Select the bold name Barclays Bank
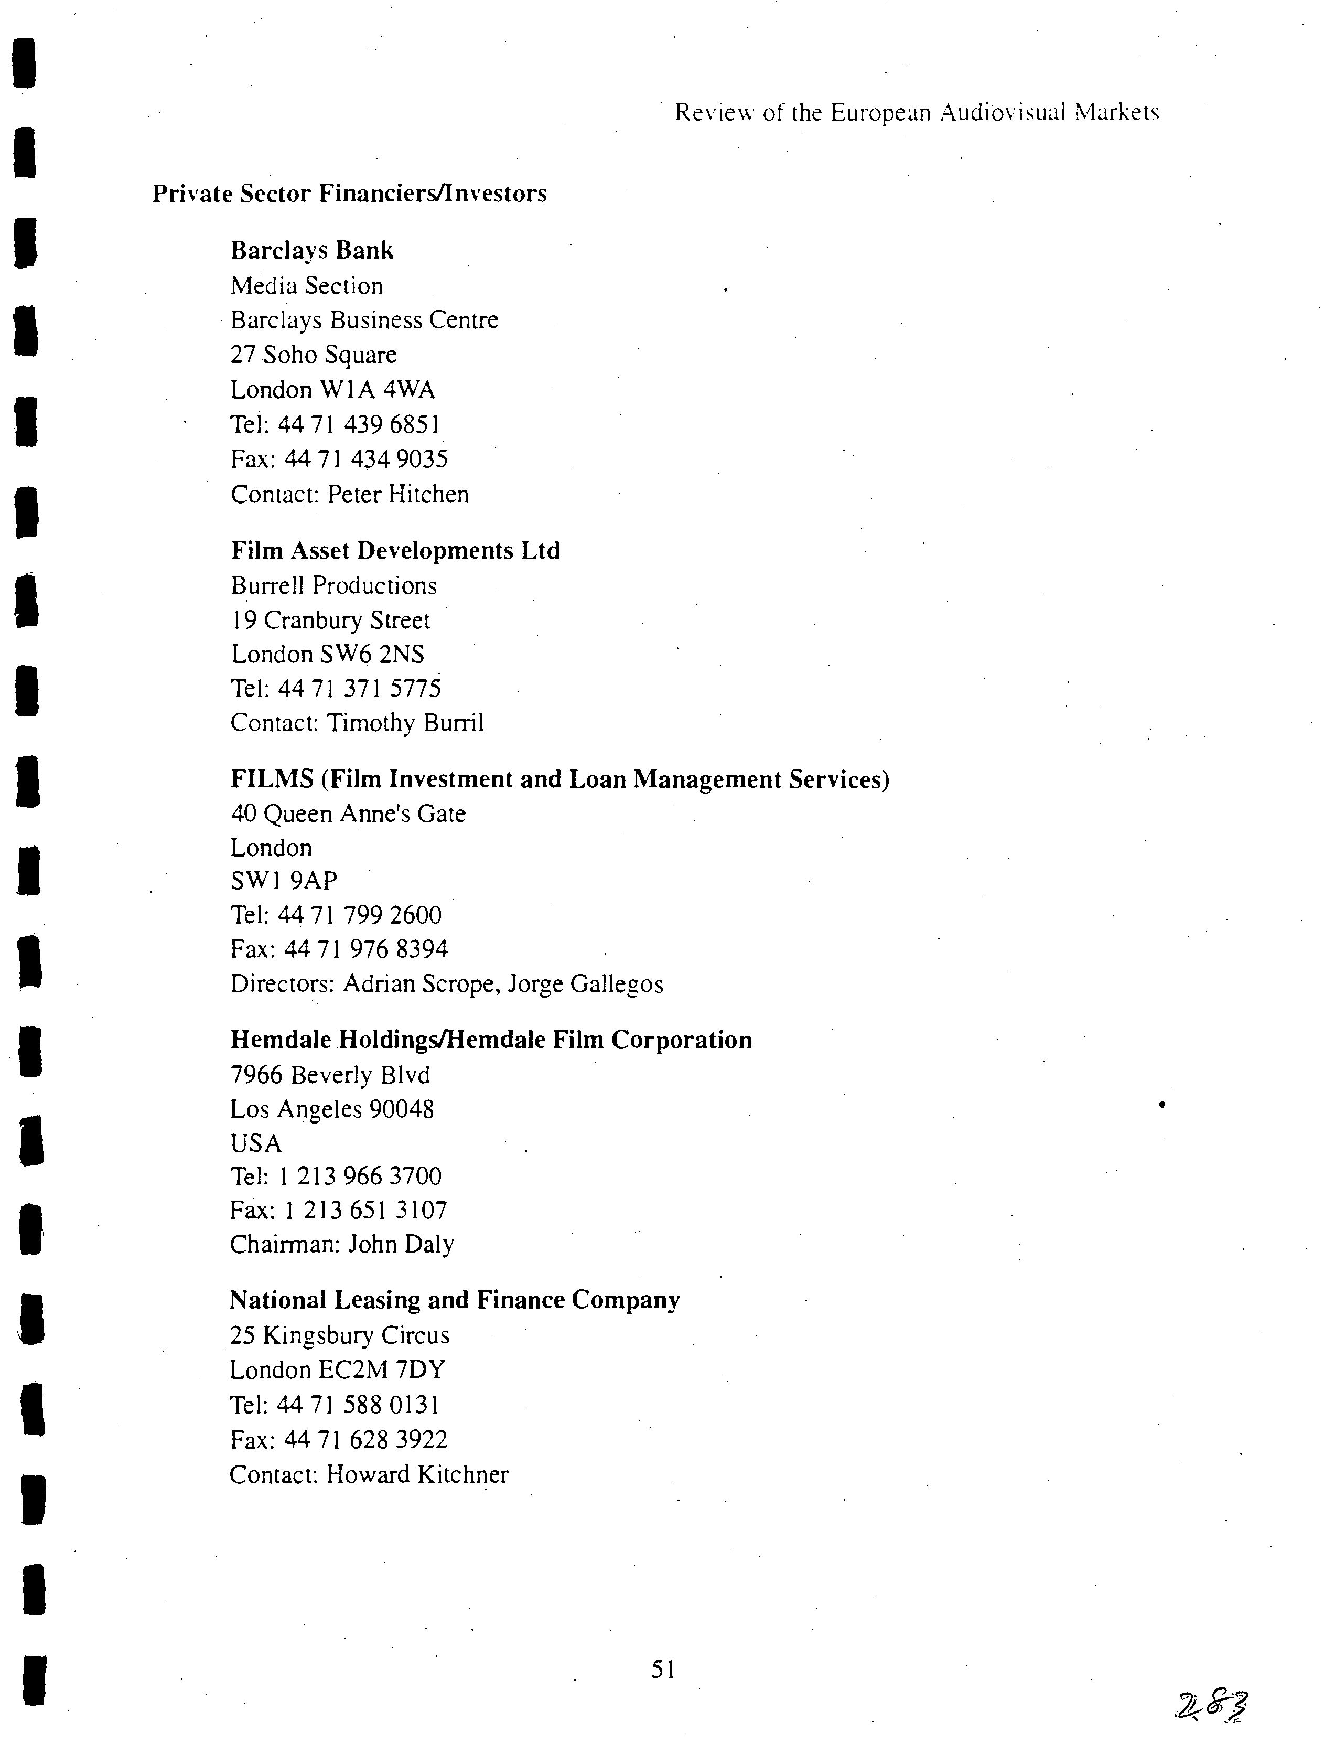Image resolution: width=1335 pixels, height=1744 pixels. (311, 250)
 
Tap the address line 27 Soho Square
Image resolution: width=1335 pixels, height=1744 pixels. (313, 355)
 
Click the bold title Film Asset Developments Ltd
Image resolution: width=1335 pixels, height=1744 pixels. (395, 551)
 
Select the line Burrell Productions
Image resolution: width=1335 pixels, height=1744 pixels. (333, 586)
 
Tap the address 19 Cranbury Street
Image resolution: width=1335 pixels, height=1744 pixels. (330, 620)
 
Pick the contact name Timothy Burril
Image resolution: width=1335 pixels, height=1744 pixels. (405, 723)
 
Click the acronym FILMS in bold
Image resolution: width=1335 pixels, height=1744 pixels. (272, 779)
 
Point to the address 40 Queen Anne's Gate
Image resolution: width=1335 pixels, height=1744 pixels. (348, 813)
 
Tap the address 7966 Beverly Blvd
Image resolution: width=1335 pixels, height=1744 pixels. (330, 1075)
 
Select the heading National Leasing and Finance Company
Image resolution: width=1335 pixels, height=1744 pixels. (455, 1300)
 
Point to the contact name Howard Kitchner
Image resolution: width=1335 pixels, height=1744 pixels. (417, 1474)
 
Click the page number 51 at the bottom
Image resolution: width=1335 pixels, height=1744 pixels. (663, 1670)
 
